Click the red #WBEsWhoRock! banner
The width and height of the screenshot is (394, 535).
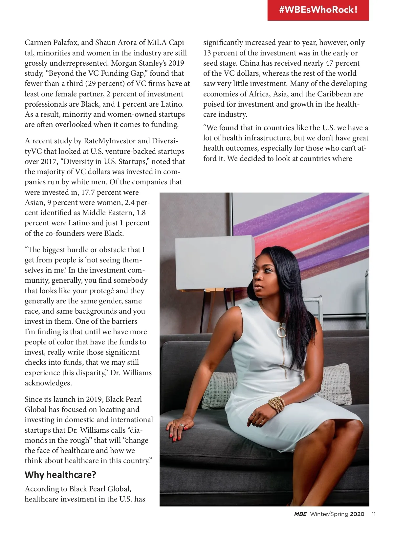318,10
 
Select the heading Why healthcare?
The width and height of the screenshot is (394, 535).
60,475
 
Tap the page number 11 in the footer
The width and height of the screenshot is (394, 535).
373,514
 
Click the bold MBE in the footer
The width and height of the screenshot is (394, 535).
300,514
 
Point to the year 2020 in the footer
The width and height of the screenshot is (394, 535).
357,514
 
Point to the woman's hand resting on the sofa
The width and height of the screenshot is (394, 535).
179,426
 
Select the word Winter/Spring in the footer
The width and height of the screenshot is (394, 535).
329,514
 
